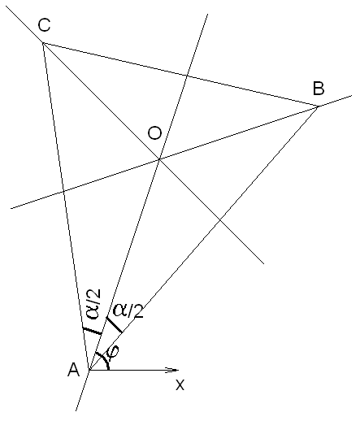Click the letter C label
[44, 25]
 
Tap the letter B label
[319, 89]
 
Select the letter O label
[155, 133]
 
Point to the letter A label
[74, 370]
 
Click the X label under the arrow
[180, 384]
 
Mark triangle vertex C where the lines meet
[43, 43]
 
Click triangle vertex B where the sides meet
[318, 106]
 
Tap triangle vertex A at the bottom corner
[89, 370]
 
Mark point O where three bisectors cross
[160, 159]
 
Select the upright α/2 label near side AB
[128, 310]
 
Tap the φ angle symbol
[113, 351]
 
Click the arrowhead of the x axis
[173, 370]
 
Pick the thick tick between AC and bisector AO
[92, 331]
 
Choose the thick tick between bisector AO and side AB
[114, 324]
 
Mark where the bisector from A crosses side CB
[186, 76]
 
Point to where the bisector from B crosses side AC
[63, 191]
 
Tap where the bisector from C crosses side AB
[220, 221]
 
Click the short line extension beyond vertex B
[335, 101]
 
